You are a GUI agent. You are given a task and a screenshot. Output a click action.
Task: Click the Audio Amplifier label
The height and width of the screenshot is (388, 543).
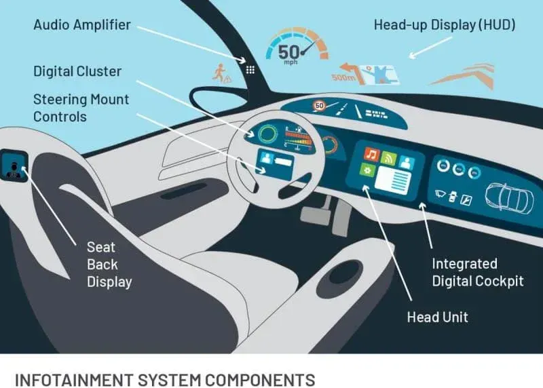coord(82,25)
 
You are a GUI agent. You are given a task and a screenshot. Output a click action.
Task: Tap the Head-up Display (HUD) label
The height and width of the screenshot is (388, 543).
coord(445,25)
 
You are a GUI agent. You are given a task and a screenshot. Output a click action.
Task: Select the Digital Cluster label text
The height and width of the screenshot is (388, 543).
coord(77,71)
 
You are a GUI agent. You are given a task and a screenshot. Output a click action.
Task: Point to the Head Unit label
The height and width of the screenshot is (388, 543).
coord(437,317)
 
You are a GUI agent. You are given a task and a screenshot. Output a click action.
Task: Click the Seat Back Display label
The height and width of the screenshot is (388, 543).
coord(109,265)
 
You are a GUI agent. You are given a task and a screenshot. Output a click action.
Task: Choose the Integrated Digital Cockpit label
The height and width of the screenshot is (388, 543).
coord(478,273)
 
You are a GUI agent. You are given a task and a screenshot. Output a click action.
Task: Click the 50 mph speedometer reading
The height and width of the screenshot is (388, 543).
coord(289,54)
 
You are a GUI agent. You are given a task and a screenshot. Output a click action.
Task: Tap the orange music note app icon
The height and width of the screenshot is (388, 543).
coord(371,154)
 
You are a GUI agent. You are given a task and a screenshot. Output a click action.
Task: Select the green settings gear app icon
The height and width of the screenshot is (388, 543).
coord(367,170)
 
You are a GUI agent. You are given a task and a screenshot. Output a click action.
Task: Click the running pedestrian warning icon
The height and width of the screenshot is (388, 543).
coord(221,73)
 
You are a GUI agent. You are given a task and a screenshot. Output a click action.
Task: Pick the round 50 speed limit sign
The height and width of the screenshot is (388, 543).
coord(319,106)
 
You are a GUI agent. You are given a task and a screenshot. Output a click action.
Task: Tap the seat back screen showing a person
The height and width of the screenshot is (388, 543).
coord(14,166)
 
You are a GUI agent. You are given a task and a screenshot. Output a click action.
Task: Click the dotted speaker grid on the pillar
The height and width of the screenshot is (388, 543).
coord(250,70)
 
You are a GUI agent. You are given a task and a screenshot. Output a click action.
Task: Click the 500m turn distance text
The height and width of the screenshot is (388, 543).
coord(343,77)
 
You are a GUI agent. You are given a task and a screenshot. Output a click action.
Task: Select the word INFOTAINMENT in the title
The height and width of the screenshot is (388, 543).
coord(74,380)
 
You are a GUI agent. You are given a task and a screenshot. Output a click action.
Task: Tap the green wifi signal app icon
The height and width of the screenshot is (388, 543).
coord(388,159)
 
